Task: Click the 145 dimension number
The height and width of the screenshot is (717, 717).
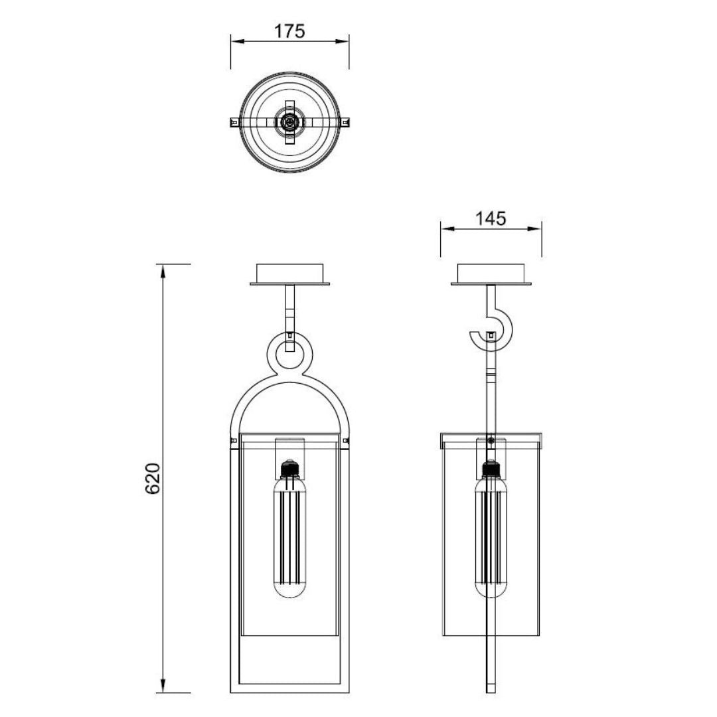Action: [490, 218]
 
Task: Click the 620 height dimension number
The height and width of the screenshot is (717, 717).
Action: [153, 478]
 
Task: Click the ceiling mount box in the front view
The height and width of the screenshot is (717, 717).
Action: [290, 274]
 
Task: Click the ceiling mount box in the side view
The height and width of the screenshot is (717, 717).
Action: [491, 274]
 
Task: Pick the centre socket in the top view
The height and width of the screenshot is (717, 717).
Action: [289, 122]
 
